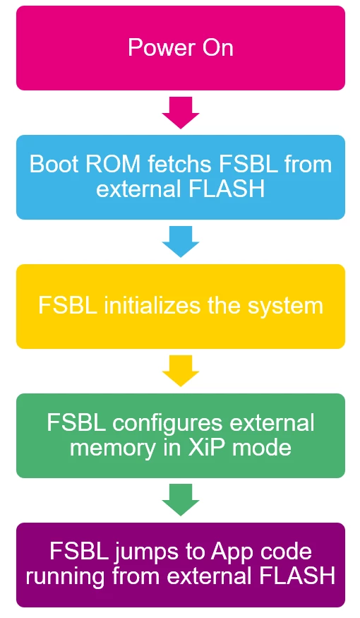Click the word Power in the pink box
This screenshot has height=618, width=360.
(162, 48)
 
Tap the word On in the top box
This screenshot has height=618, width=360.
(218, 48)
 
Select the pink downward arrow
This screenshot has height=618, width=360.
(181, 113)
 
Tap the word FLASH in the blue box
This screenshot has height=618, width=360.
(227, 189)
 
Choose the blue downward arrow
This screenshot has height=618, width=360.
(181, 242)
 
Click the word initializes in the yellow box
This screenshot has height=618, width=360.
(152, 305)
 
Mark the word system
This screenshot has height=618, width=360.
(285, 305)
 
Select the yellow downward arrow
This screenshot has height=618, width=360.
(181, 371)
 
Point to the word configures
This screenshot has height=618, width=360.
(168, 423)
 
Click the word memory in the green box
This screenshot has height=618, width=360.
(112, 448)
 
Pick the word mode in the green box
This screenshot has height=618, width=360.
(262, 448)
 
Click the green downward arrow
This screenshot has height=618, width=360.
(181, 500)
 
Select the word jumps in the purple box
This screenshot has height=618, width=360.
(147, 552)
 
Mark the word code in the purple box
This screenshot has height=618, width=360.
(285, 552)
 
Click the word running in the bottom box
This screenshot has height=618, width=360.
(66, 576)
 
